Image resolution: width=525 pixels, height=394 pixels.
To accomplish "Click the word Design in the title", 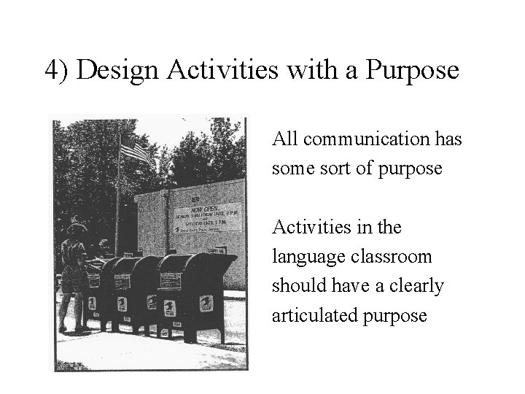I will [x=120, y=71].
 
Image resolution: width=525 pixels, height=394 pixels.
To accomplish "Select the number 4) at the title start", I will [x=58, y=71].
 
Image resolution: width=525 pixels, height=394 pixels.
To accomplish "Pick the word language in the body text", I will [x=303, y=257].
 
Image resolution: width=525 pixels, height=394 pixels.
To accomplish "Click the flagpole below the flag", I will [x=119, y=212].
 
